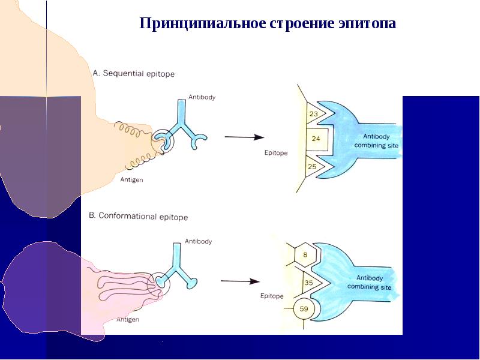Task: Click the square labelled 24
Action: click(x=316, y=139)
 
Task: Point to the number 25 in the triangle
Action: click(x=312, y=166)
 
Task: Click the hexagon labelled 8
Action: click(x=305, y=254)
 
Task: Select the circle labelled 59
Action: click(x=304, y=310)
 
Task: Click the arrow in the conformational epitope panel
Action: click(x=240, y=281)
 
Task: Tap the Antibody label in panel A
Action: click(x=202, y=97)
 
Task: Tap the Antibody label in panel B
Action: click(x=198, y=241)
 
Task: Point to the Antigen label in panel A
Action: click(x=131, y=179)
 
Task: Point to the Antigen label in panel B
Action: click(x=128, y=320)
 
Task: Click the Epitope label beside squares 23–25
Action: click(x=276, y=153)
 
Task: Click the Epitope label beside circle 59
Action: click(x=272, y=296)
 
